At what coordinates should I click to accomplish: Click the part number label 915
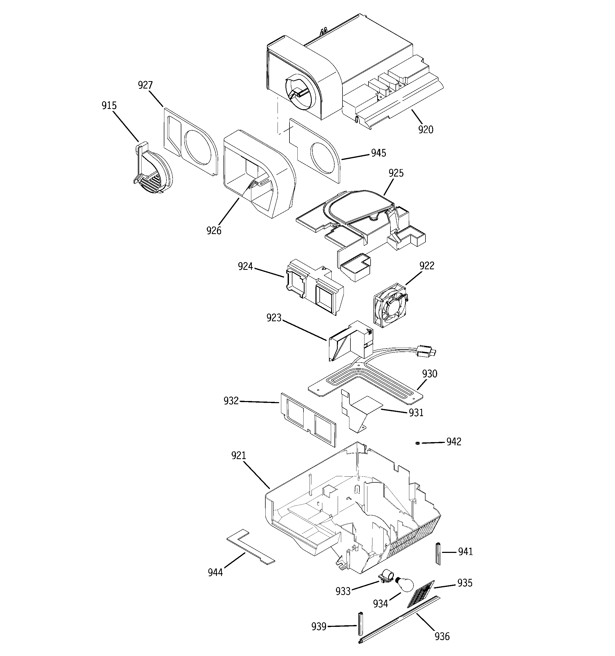(x=109, y=105)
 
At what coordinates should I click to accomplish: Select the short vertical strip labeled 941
(x=438, y=553)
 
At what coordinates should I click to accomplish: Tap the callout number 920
(x=425, y=130)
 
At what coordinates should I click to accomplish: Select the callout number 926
(x=214, y=231)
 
